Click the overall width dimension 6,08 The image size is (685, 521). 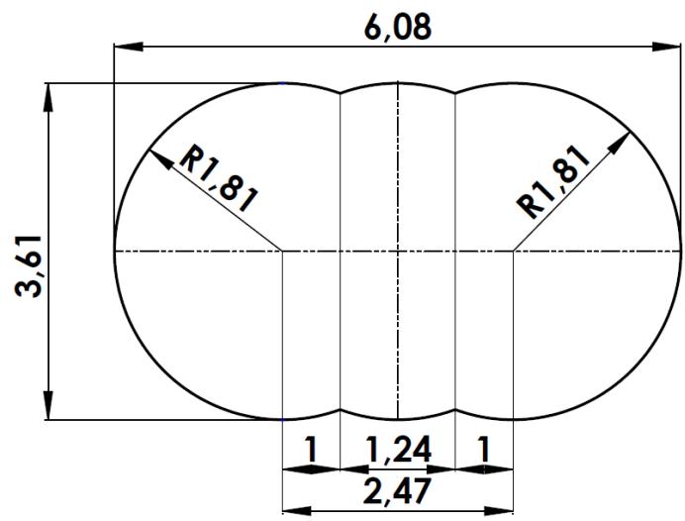pos(398,27)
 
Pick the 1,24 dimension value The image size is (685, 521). pos(397,450)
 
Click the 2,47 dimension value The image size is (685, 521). pos(397,490)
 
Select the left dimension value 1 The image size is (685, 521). pos(311,450)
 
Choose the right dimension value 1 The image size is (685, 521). pos(483,450)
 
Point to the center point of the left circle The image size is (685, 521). pos(283,252)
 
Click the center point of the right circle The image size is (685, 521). pos(514,252)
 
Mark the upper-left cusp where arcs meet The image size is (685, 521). pos(341,94)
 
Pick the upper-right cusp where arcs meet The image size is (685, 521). pos(454,94)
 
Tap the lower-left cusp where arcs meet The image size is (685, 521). pos(341,409)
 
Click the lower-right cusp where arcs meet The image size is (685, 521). pos(454,409)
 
